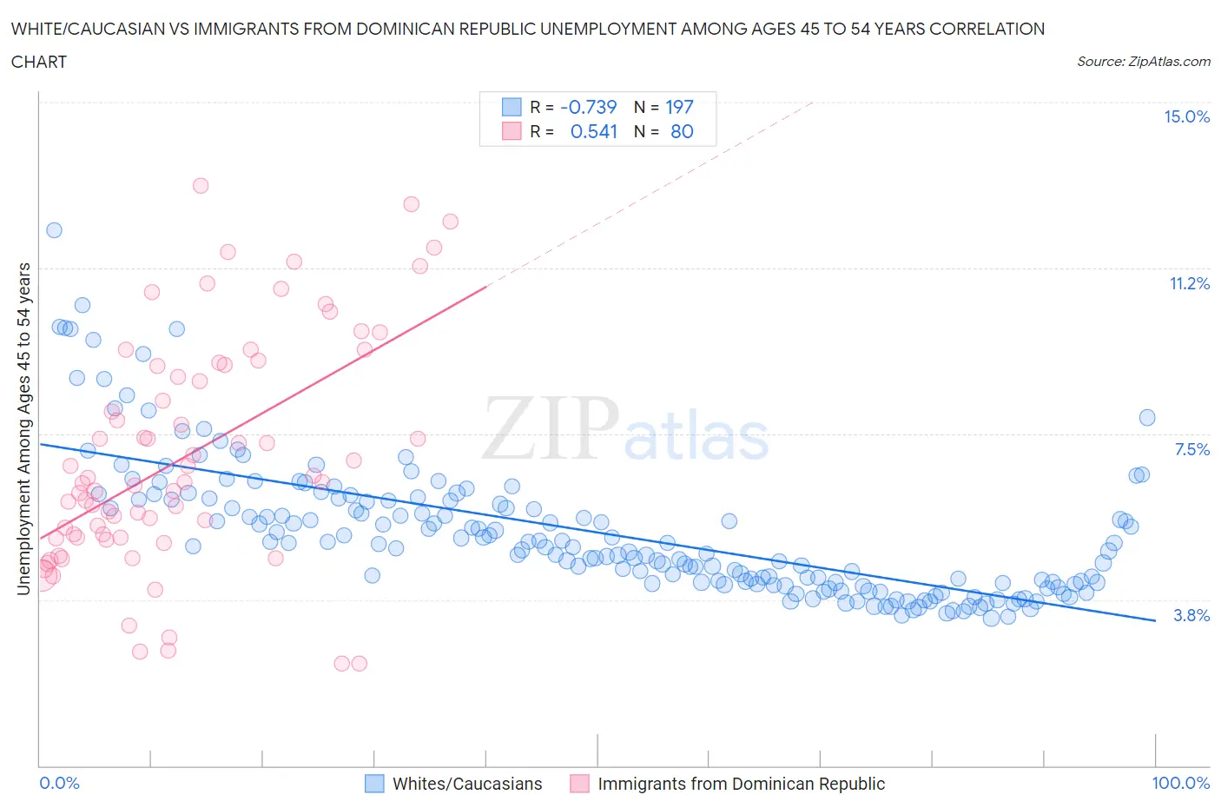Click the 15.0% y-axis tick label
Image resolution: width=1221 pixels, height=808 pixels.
1186,117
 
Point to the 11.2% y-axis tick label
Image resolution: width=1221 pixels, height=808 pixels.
1189,283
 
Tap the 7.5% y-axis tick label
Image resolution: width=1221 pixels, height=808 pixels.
1191,449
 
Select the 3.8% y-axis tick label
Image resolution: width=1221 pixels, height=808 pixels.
1191,615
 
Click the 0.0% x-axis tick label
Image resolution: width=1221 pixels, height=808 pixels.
59,783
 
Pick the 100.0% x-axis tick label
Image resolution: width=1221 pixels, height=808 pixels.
1180,783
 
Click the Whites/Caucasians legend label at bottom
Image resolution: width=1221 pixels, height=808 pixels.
467,784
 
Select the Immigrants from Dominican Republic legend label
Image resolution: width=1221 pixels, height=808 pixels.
741,784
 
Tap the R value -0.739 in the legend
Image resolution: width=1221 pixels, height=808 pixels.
589,107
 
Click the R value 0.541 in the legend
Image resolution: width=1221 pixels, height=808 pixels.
594,131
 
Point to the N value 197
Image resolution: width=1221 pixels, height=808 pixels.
679,107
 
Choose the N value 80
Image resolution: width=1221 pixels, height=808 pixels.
682,131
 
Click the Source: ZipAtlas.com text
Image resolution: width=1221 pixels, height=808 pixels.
1143,62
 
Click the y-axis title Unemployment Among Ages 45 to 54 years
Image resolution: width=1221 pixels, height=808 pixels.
23,428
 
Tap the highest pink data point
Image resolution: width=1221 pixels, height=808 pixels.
201,185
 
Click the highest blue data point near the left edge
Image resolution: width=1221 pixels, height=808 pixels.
54,230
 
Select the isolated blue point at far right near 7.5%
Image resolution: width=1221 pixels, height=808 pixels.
1147,417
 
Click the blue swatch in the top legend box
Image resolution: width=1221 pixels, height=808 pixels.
511,107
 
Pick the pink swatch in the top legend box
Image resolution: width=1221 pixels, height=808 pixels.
511,131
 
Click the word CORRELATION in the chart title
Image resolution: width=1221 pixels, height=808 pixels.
987,29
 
